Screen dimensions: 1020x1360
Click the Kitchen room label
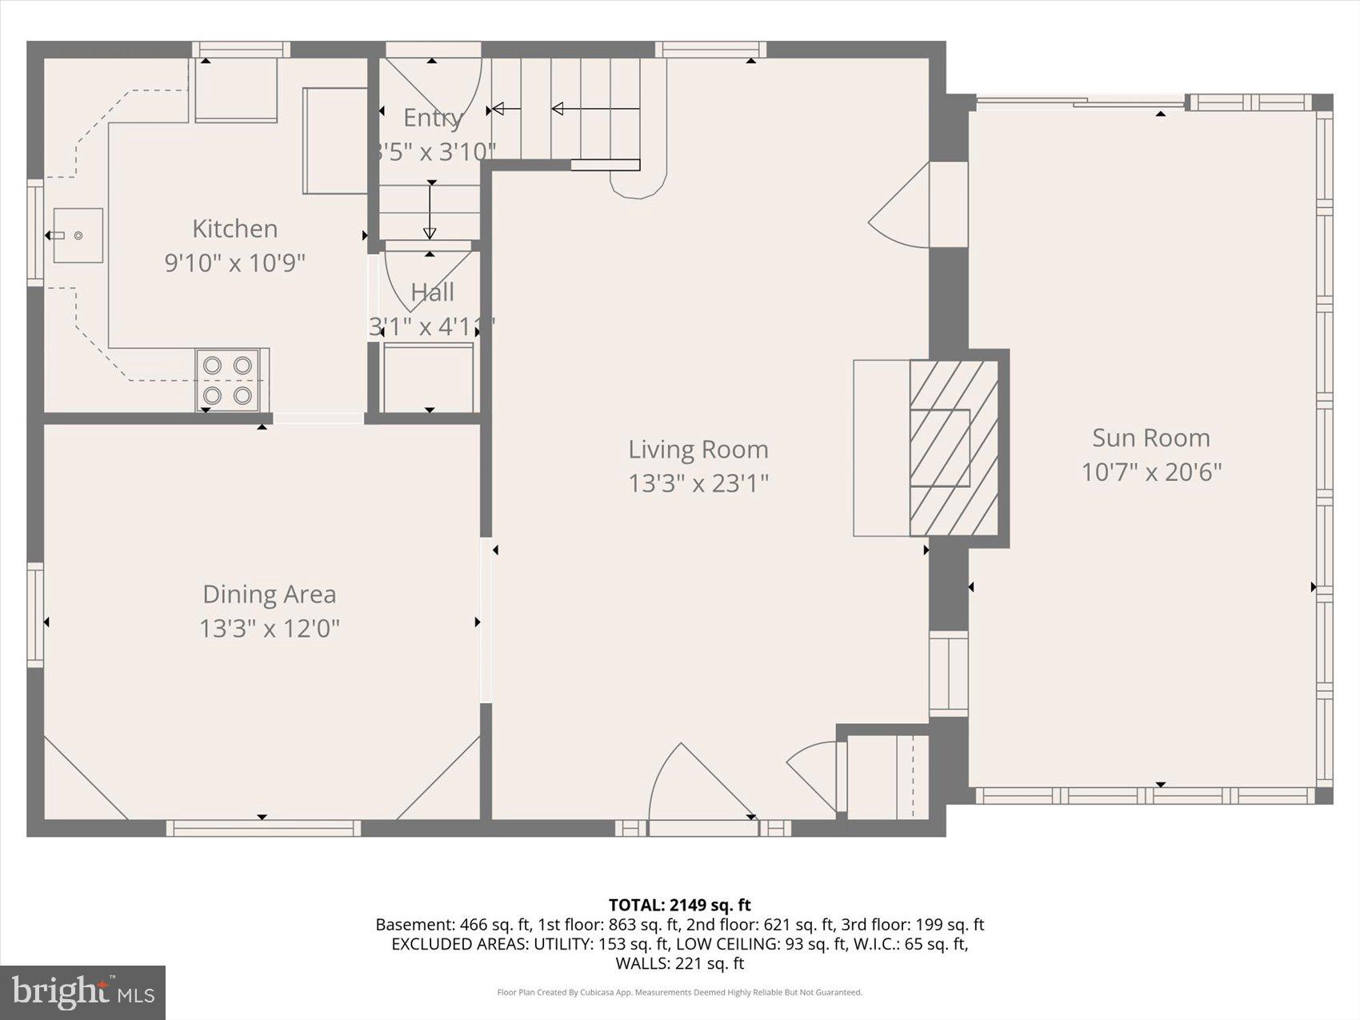tap(234, 229)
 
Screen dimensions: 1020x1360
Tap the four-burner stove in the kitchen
tap(228, 380)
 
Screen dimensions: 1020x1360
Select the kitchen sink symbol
tap(78, 235)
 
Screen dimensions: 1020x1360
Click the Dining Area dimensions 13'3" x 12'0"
tap(269, 629)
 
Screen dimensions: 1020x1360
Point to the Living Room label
tap(698, 450)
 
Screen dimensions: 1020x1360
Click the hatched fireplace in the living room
tap(954, 448)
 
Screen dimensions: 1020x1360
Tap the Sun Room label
tap(1150, 438)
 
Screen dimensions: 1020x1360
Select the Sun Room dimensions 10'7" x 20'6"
tap(1150, 472)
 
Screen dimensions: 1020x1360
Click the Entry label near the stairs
tap(432, 118)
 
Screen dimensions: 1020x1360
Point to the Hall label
tap(432, 293)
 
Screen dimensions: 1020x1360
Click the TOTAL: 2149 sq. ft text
tap(679, 905)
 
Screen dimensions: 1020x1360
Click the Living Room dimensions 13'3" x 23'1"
tap(698, 483)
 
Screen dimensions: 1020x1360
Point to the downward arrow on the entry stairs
tap(430, 210)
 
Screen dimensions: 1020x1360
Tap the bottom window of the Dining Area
tap(262, 828)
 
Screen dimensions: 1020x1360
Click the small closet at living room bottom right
tap(886, 776)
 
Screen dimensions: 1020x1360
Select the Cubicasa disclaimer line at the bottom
tap(679, 993)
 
